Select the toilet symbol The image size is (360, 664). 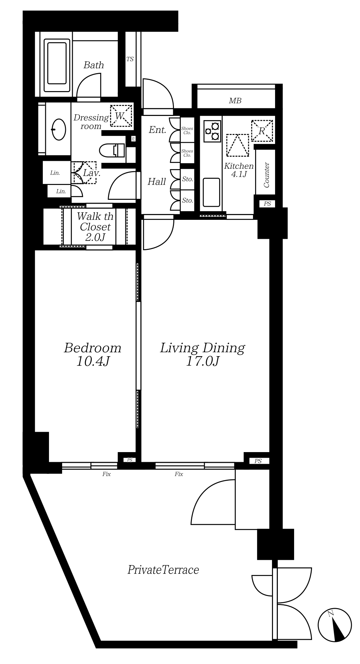point(112,150)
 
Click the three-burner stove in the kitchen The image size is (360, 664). point(212,131)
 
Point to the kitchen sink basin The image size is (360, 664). point(211,192)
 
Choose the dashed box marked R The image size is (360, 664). point(262,130)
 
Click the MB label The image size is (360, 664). point(235,101)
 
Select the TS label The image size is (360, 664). point(130,59)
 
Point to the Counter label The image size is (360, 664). point(266,175)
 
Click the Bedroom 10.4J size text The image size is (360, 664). point(93,361)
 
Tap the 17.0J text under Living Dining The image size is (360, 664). point(203,361)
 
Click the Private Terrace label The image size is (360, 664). point(163,569)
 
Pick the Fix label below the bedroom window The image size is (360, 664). point(106,474)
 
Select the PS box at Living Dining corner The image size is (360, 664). point(258,461)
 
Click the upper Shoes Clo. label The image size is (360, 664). point(187,130)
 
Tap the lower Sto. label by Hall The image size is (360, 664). point(187,200)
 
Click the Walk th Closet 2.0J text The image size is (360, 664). point(95,227)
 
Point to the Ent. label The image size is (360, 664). point(157,130)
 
